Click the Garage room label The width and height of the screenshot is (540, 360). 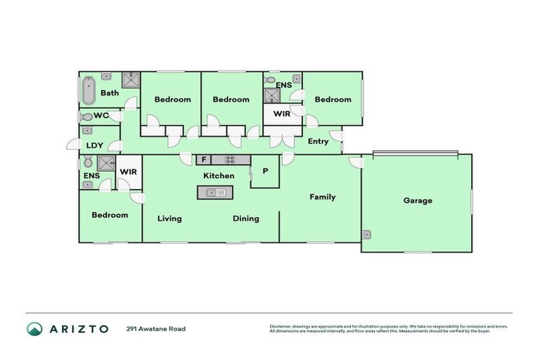(x=418, y=200)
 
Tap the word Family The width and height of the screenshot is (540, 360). (x=323, y=197)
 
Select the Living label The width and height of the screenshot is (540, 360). (x=169, y=219)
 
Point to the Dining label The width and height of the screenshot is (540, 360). (x=246, y=219)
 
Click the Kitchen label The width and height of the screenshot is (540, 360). (x=219, y=176)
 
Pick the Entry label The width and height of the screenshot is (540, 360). (x=318, y=141)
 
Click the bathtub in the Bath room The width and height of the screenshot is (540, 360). (x=89, y=91)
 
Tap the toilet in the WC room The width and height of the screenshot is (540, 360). (x=87, y=117)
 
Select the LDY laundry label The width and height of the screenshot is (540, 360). (x=95, y=146)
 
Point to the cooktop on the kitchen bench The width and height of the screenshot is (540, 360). (x=229, y=160)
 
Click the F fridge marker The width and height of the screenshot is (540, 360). (x=202, y=160)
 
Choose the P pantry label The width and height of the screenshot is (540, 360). (x=265, y=171)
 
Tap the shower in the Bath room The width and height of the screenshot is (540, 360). (x=131, y=79)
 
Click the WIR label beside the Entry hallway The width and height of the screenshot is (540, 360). (x=282, y=113)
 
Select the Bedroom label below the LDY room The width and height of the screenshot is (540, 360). (x=110, y=214)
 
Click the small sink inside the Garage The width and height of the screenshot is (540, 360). (x=367, y=234)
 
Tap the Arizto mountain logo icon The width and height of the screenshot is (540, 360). (x=34, y=328)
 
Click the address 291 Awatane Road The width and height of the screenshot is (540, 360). (x=156, y=328)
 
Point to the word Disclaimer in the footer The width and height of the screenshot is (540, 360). (x=282, y=326)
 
